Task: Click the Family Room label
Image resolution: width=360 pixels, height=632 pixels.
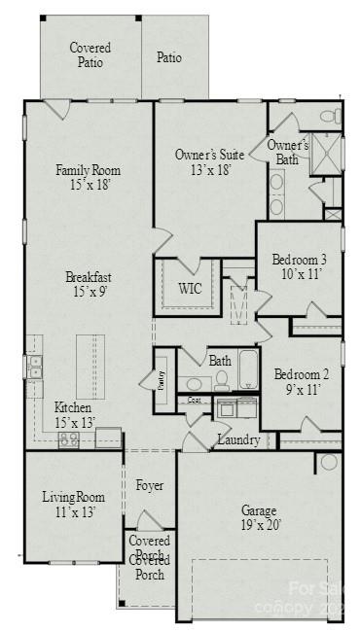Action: coord(88,177)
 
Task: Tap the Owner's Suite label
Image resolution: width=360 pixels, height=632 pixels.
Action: coord(208,161)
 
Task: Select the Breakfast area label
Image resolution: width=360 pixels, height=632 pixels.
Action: coord(88,282)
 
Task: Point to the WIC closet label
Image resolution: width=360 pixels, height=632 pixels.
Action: coord(190,288)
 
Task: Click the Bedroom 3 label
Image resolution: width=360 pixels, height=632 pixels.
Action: coord(299,266)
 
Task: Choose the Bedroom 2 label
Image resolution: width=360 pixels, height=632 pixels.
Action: coord(301,381)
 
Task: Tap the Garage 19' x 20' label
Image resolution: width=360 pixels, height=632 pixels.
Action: coord(259,517)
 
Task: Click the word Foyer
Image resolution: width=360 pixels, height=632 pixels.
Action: coord(149,485)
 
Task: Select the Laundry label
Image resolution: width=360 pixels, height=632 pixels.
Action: coord(238,440)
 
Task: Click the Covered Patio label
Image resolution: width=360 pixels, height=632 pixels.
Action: coord(90,54)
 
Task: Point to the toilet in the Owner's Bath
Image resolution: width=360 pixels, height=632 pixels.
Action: coord(330,117)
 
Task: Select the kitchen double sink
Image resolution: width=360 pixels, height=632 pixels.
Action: coord(35,367)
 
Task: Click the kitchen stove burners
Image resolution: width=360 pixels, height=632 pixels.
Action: coord(69,439)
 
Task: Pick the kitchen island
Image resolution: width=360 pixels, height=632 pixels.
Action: coord(90,366)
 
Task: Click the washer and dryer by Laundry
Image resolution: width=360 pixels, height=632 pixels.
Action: coord(236,407)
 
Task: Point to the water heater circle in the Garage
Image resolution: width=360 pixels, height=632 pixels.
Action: coord(328,461)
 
